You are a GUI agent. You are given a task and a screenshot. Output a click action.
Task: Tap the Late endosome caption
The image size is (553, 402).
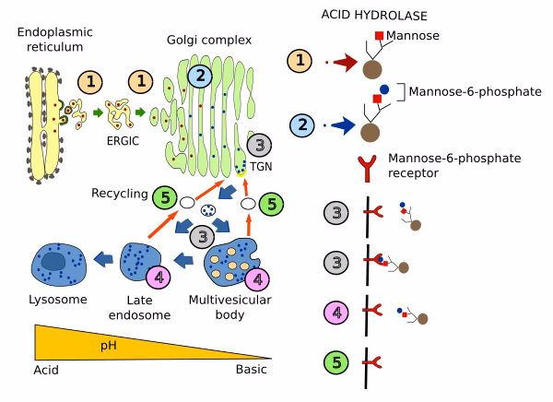pyautogui.click(x=133, y=306)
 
